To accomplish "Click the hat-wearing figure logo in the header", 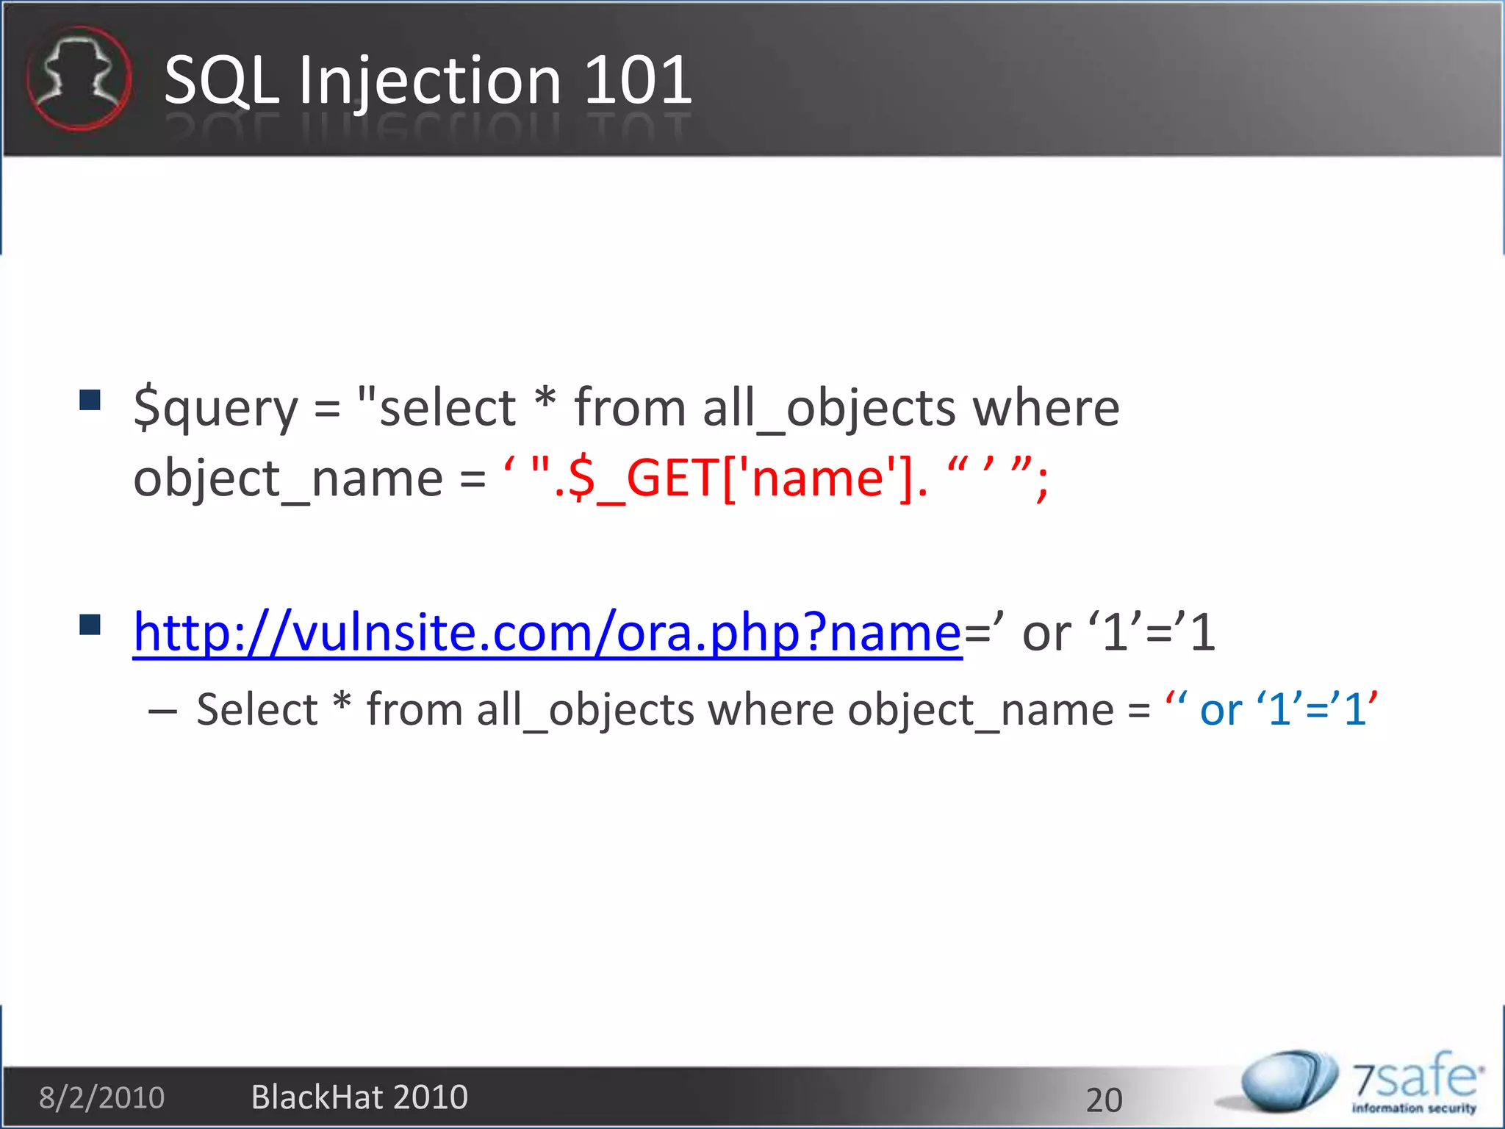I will [x=79, y=78].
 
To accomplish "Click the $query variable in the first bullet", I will [x=215, y=409].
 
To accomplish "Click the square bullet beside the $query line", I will [x=90, y=401].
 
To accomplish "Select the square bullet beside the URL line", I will [x=90, y=624].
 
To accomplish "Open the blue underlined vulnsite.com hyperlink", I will [x=547, y=633].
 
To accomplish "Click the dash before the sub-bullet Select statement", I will [x=162, y=712].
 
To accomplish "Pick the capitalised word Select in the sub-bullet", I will [x=257, y=710].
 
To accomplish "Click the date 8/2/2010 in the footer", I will [x=101, y=1097].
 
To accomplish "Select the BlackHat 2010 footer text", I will [x=359, y=1097].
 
